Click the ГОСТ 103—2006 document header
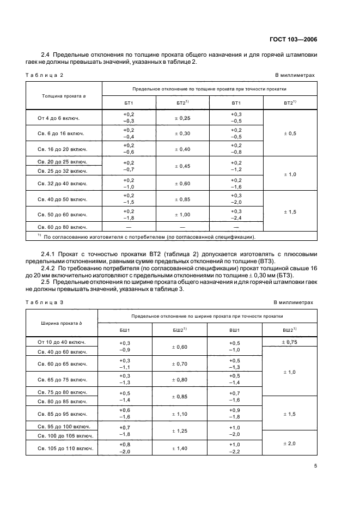[294, 39]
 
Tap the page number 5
[315, 466]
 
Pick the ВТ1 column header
[236, 103]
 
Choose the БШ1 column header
[125, 330]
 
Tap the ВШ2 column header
[289, 330]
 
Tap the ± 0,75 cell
[289, 342]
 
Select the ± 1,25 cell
[179, 431]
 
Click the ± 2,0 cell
[289, 444]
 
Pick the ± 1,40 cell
[179, 448]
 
